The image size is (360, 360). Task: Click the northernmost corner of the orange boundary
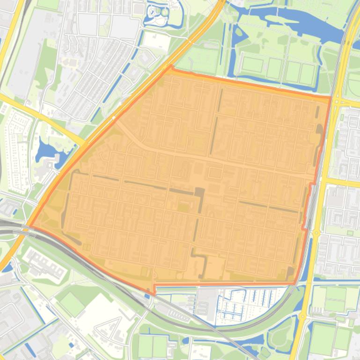(x=170, y=66)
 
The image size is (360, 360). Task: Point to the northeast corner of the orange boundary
(x=331, y=97)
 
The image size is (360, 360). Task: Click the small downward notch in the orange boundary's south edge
(x=154, y=293)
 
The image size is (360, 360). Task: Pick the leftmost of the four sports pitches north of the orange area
(x=252, y=65)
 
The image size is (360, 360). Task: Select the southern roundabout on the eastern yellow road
(x=316, y=232)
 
